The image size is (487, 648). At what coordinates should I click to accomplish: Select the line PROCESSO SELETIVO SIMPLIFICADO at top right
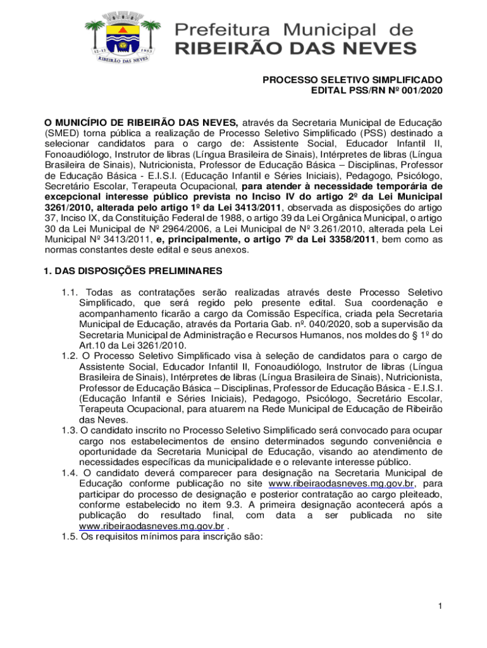tap(353, 80)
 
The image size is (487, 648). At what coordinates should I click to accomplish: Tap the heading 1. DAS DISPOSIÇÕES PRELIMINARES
tap(133, 271)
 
